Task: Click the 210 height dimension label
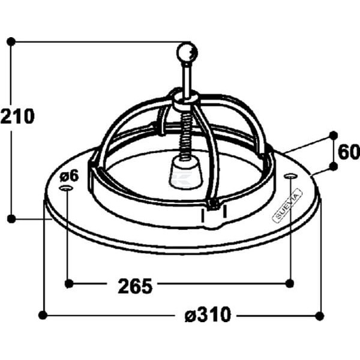17,116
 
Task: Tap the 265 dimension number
135,286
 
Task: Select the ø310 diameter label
208,314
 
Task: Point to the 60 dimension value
349,152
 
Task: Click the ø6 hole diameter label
69,176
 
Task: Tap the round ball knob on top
187,53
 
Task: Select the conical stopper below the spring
186,172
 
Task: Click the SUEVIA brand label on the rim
287,205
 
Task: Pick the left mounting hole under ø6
66,188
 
